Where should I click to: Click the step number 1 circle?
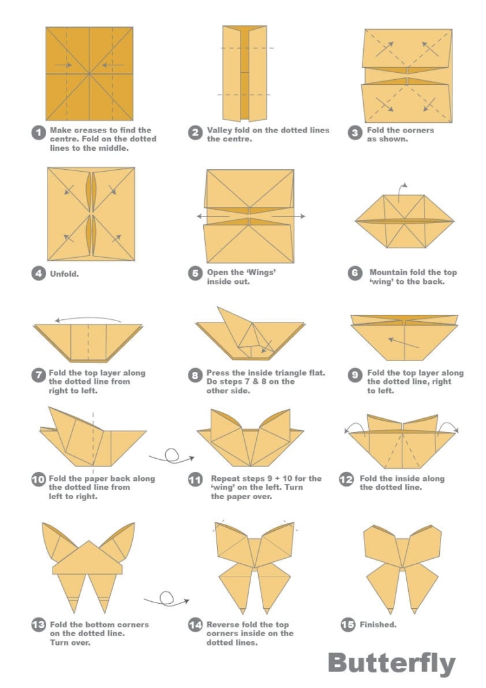tap(39, 133)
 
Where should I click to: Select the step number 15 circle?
tap(347, 625)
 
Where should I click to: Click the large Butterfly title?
tap(391, 663)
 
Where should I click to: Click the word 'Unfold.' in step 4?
tap(65, 274)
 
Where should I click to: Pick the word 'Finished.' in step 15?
tap(378, 625)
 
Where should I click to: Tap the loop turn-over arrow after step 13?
tap(165, 598)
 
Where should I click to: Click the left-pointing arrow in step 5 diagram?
tap(213, 216)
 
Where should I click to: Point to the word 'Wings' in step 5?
tap(260, 272)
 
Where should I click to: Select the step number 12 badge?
tap(346, 480)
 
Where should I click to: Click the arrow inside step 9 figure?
tap(403, 343)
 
